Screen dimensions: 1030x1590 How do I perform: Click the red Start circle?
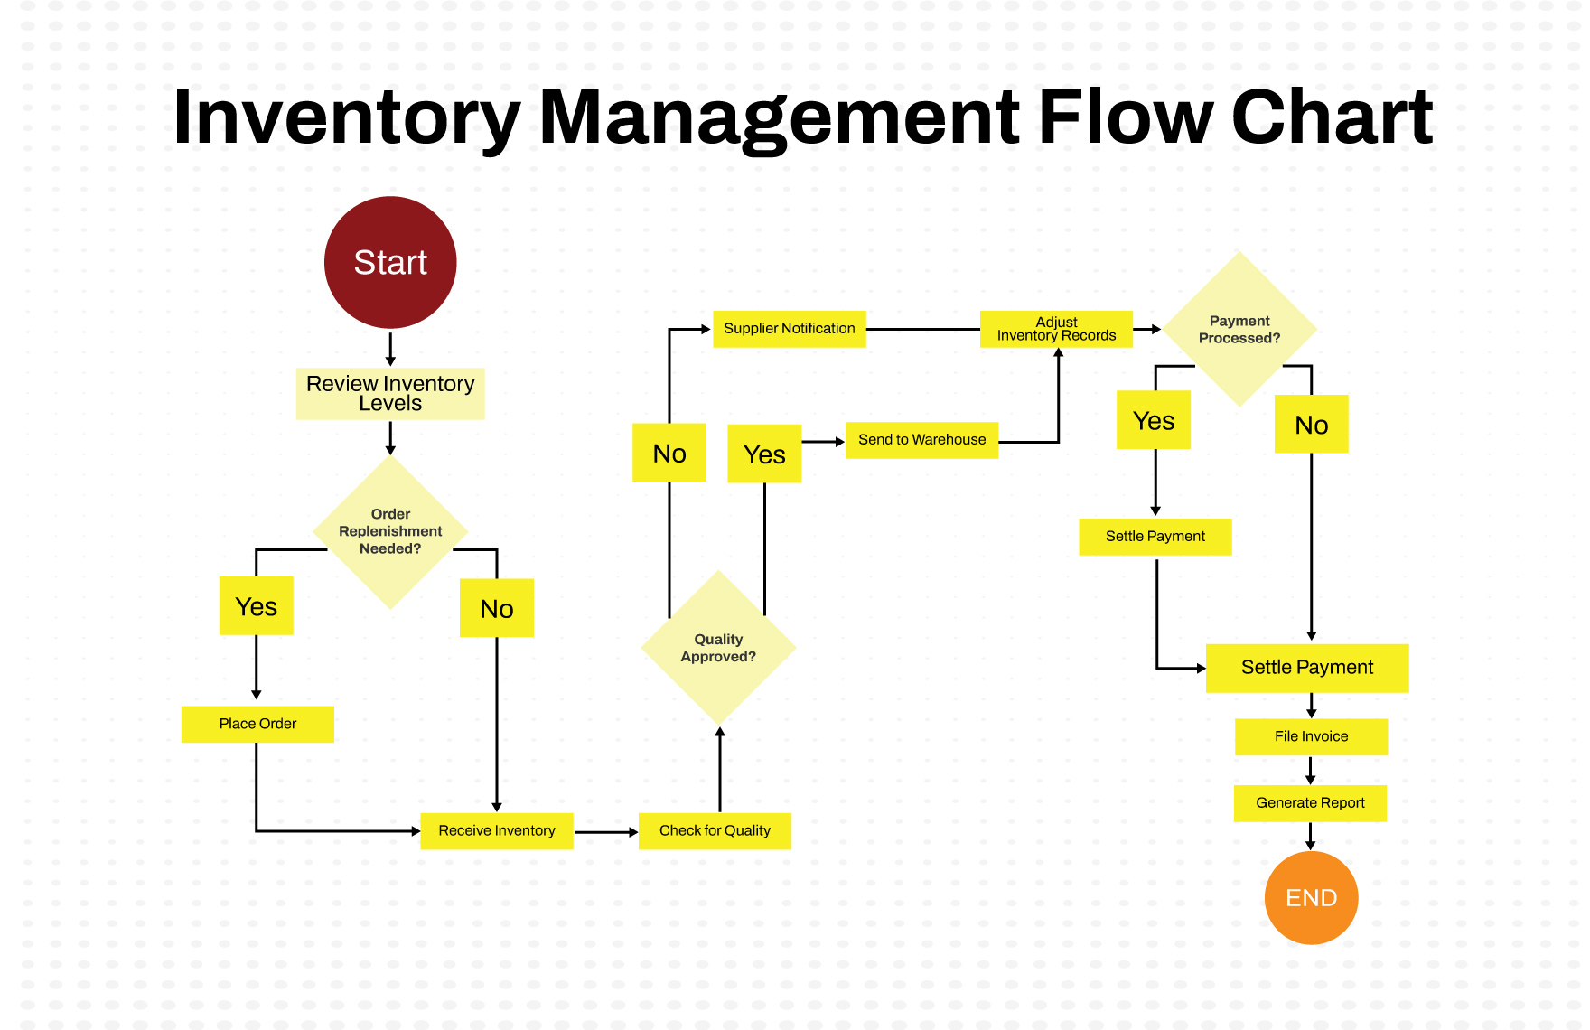[x=390, y=262]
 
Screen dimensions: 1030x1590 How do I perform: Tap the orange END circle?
[x=1311, y=897]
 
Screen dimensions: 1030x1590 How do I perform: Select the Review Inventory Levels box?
[x=390, y=393]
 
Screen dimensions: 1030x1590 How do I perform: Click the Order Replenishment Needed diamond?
[x=390, y=532]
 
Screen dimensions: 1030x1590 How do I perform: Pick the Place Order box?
[x=257, y=724]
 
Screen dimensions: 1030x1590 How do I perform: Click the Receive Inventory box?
[x=496, y=830]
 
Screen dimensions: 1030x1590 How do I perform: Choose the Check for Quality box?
[x=715, y=830]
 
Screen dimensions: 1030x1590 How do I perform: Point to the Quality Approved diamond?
[x=718, y=648]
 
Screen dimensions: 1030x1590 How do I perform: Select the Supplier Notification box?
[x=789, y=329]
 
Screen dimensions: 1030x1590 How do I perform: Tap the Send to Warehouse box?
[x=921, y=440]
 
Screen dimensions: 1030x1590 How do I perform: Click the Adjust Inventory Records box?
[x=1056, y=329]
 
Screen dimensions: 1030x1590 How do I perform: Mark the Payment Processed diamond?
[x=1239, y=330]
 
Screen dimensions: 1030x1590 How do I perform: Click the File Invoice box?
[x=1311, y=736]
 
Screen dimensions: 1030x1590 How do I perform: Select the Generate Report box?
[x=1310, y=802]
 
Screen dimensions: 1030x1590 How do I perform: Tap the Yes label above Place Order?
[x=256, y=606]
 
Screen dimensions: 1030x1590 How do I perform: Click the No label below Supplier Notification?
[x=669, y=453]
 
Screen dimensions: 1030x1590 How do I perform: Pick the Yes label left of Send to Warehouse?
[x=764, y=454]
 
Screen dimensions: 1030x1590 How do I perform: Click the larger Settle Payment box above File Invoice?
[x=1306, y=668]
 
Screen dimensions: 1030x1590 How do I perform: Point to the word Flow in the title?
[x=1125, y=117]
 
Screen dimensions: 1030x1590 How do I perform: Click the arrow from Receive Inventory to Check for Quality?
[x=605, y=831]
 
